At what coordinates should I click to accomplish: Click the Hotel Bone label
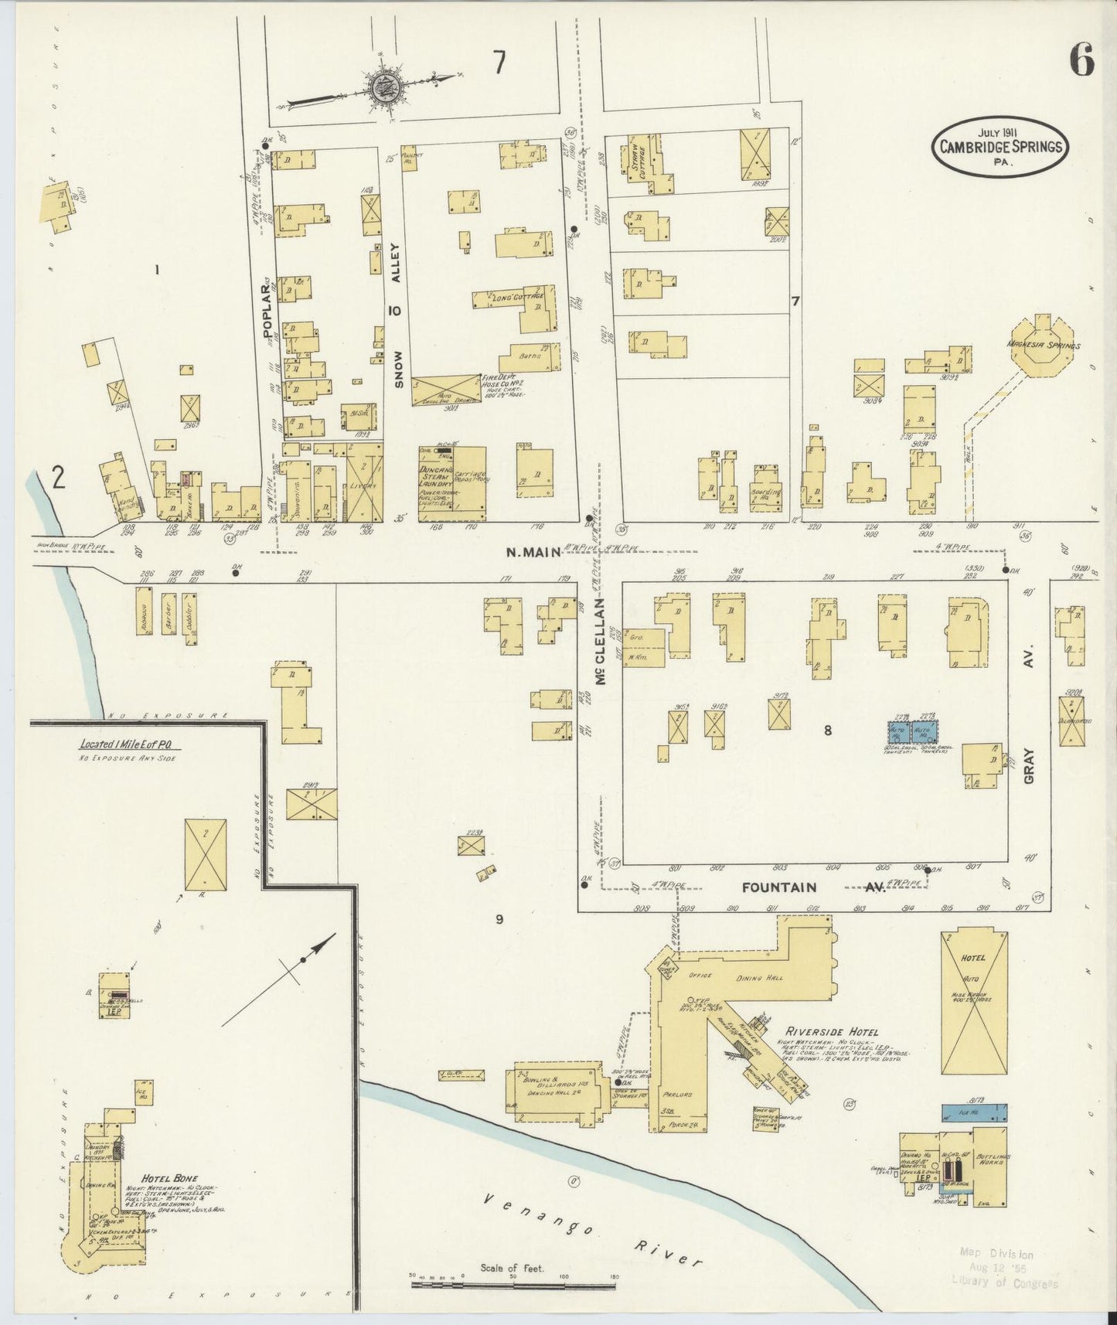pos(160,1178)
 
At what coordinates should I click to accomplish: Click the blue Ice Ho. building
pos(974,1113)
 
